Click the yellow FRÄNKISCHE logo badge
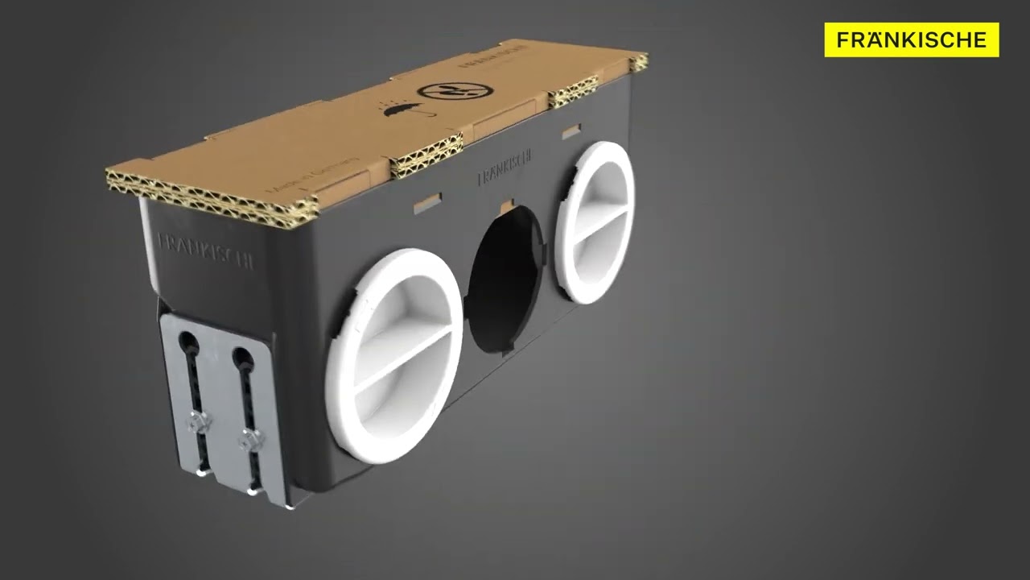coord(911,39)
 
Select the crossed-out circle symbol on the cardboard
coord(441,89)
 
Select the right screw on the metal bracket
coord(251,439)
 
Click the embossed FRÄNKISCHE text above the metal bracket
coord(206,250)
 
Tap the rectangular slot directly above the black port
coord(508,207)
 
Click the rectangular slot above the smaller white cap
coord(571,130)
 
